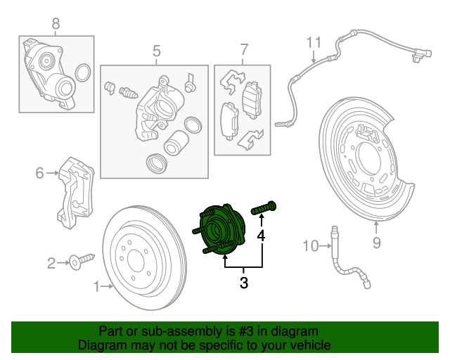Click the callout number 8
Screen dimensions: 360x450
(x=56, y=24)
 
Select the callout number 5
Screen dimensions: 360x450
(x=157, y=51)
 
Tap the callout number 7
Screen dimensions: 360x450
(x=244, y=49)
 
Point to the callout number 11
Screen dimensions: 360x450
(x=313, y=43)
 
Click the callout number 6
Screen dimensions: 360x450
(x=40, y=173)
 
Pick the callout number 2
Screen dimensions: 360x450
(x=51, y=264)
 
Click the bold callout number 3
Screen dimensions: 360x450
(x=244, y=283)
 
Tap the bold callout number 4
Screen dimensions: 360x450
(x=262, y=235)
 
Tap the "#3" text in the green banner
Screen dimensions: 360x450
(x=243, y=331)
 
